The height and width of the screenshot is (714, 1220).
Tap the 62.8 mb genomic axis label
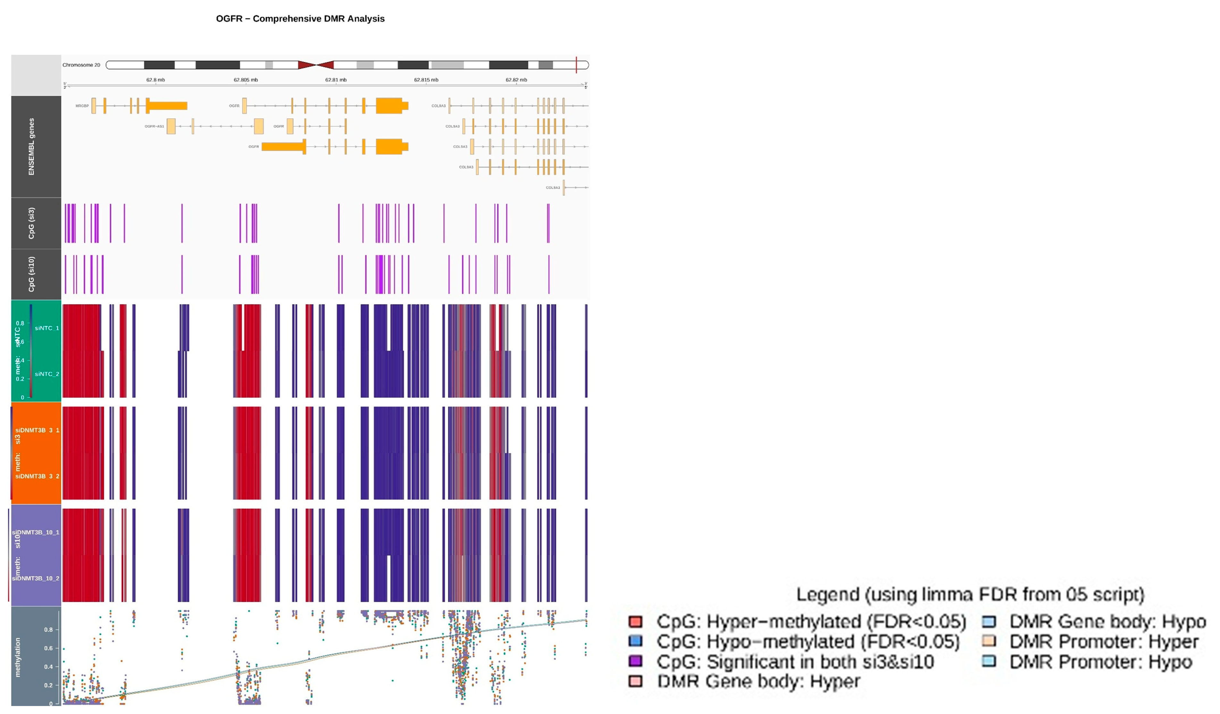click(x=156, y=80)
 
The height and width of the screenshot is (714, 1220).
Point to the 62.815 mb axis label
click(x=426, y=80)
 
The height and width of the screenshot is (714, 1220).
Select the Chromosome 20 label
click(x=81, y=65)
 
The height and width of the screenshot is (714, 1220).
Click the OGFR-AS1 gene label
click(x=155, y=126)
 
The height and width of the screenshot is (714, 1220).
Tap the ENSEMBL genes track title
click(x=31, y=147)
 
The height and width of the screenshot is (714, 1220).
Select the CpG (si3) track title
click(x=31, y=223)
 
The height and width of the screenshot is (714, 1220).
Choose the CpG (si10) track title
click(x=31, y=274)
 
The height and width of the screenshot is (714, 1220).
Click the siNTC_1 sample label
click(x=47, y=328)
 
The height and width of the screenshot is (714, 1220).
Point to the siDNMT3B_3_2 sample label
click(x=37, y=476)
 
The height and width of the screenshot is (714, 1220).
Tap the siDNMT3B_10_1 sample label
click(x=36, y=532)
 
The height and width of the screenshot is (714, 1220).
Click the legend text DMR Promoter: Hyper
click(x=1104, y=642)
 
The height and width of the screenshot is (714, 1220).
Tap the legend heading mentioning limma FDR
click(x=970, y=595)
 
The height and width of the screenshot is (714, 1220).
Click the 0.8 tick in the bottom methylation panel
click(x=48, y=630)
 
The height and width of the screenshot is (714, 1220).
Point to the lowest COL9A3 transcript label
click(x=553, y=188)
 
